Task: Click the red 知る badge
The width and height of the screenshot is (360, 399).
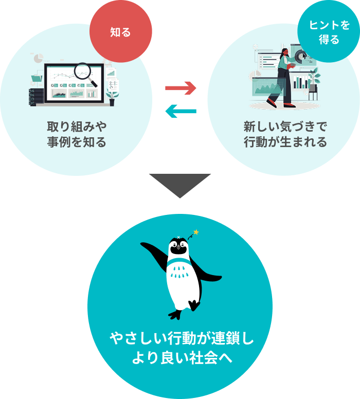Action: tap(121, 32)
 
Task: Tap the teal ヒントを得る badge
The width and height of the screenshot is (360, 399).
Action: tap(329, 32)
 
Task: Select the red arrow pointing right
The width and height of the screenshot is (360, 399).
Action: tap(181, 88)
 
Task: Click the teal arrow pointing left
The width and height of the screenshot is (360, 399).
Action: tap(181, 110)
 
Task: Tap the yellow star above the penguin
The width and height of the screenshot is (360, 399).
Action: tap(195, 232)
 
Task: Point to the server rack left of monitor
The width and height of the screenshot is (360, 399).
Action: tap(37, 97)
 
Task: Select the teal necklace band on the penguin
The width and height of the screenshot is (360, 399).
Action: tap(178, 264)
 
